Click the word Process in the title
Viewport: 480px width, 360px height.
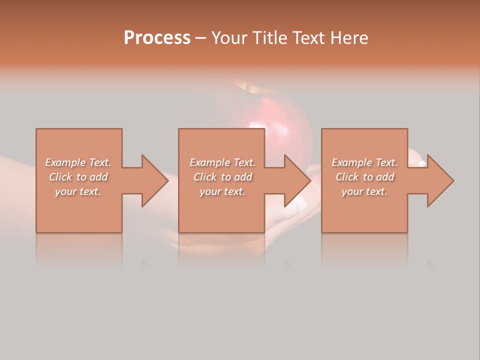157,38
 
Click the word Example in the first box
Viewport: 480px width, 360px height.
65,162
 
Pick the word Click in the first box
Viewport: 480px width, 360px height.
60,177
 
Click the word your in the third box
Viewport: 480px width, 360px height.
352,191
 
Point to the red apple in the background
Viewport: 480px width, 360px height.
280,125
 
